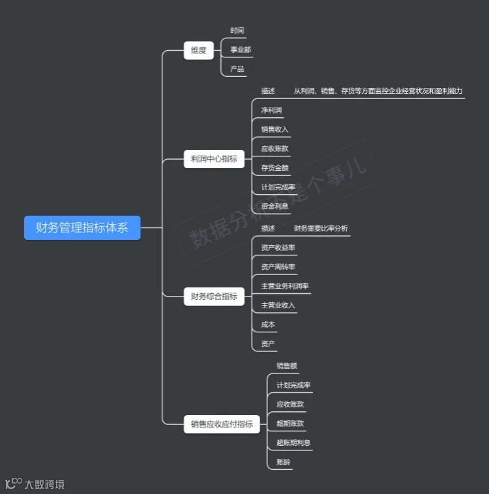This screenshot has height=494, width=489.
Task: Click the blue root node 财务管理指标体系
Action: (82, 228)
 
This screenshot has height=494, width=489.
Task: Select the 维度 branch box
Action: (199, 50)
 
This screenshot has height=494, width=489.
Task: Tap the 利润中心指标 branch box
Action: (214, 159)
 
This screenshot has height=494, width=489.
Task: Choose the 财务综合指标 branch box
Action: (214, 297)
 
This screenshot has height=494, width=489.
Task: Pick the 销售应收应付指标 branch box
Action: (222, 424)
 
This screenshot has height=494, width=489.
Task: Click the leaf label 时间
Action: (237, 31)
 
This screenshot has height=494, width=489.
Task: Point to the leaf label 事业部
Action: (241, 50)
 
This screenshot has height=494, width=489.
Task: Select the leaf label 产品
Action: (237, 68)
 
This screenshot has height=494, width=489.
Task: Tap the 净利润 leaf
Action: (271, 110)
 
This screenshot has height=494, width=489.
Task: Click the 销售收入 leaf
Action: (274, 129)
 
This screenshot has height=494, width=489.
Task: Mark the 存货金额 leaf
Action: (274, 167)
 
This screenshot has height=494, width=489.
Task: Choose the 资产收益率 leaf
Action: (278, 248)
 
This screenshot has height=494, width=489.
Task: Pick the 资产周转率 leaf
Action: (278, 267)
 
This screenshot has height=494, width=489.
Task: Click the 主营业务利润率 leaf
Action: (285, 286)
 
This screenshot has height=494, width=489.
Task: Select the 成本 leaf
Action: (268, 325)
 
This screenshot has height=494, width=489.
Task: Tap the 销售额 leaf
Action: (287, 366)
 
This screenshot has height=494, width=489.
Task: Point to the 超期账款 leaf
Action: (290, 424)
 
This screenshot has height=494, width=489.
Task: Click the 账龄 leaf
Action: (284, 462)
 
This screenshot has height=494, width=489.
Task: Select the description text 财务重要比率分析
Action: (321, 229)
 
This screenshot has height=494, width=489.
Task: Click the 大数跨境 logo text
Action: (44, 484)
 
